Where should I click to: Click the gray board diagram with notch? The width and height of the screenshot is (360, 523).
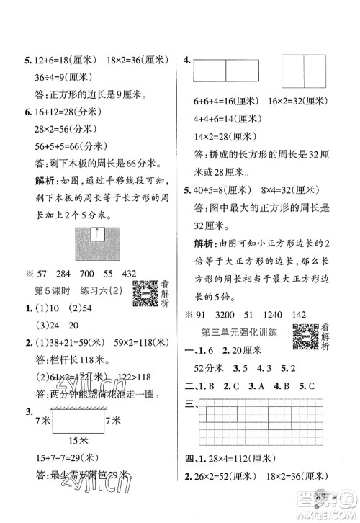coord(98,246)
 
